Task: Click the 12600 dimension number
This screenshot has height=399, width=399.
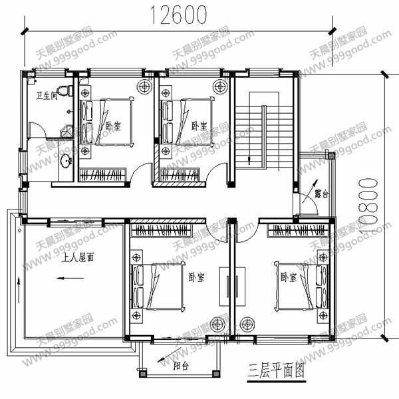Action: click(x=178, y=14)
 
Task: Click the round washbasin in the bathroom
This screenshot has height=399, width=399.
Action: click(x=66, y=162)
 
